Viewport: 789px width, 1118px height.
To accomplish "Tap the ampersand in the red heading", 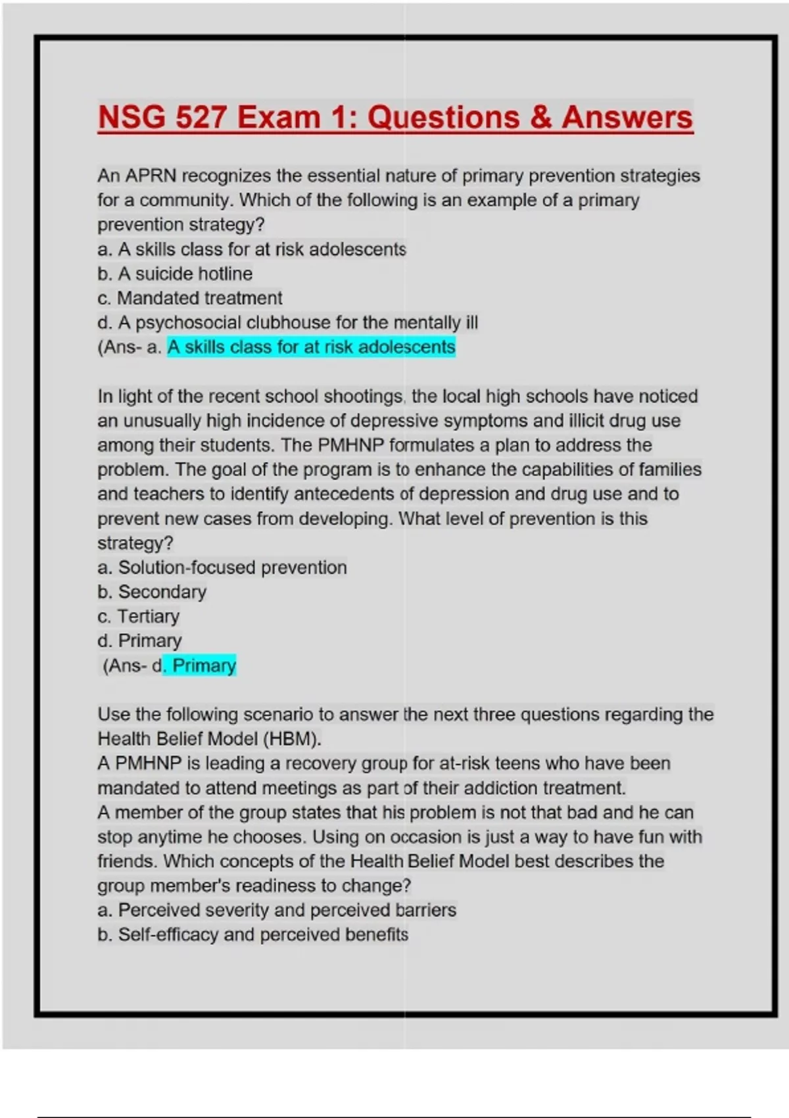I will coord(539,118).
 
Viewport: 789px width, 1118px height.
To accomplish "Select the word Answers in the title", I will coord(627,118).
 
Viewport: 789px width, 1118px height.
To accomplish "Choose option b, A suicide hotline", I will coord(175,274).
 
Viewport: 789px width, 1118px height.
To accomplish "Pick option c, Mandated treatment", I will coord(190,298).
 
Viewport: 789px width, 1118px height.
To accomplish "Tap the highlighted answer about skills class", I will coord(311,347).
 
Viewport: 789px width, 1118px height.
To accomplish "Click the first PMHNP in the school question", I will coord(350,445).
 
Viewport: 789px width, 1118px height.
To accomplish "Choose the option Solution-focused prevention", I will coord(222,568).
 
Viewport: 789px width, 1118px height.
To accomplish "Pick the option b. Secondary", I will coord(152,592).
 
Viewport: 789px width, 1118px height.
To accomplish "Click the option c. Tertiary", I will coord(139,616).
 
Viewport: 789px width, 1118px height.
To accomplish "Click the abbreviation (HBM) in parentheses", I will coord(292,739).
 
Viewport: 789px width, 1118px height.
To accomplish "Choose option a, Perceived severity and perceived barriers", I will coord(277,910).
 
